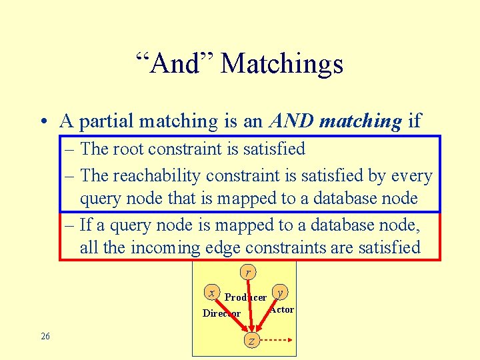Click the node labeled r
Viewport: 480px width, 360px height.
248,272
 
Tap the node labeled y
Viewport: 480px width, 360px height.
281,293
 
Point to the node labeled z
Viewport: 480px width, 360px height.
251,340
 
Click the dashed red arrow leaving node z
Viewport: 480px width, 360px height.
275,340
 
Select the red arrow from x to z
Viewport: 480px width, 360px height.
232,316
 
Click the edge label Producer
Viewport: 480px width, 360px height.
245,297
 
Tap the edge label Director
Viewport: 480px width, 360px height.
221,313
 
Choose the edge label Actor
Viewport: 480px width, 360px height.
282,309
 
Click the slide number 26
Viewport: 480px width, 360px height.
45,336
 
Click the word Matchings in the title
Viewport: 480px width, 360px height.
281,64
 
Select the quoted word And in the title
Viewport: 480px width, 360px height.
174,64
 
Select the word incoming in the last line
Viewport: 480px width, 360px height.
165,248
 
